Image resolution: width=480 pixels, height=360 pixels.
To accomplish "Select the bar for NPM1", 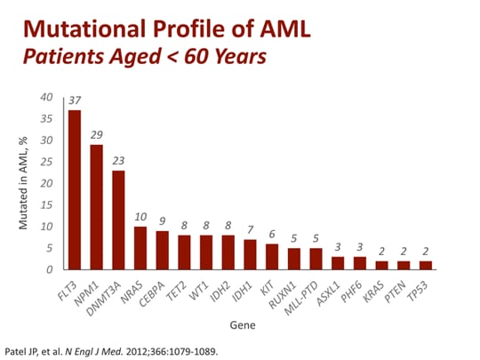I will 97,206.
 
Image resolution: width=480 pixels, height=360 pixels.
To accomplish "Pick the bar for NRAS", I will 141,247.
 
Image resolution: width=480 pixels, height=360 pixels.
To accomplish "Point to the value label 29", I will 97,135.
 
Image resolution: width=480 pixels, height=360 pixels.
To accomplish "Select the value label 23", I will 119,161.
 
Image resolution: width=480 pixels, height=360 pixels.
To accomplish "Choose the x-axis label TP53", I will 422,286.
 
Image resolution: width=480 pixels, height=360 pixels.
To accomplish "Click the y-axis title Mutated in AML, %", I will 27,182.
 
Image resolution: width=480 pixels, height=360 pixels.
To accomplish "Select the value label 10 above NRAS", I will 141,217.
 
